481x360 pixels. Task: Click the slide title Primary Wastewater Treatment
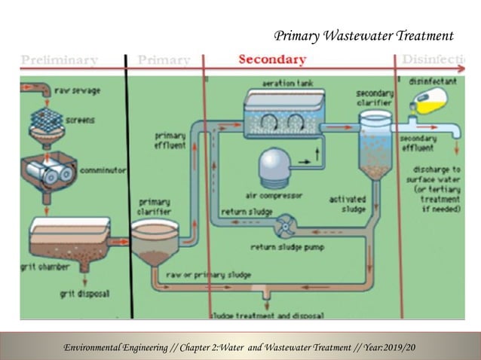pyautogui.click(x=363, y=35)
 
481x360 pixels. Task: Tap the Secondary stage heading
pyautogui.click(x=272, y=59)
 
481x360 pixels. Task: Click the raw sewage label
pyautogui.click(x=78, y=91)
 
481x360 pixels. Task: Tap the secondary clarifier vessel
pyautogui.click(x=375, y=145)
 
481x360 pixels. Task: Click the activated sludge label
pyautogui.click(x=348, y=203)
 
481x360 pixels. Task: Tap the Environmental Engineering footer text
pyautogui.click(x=240, y=346)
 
